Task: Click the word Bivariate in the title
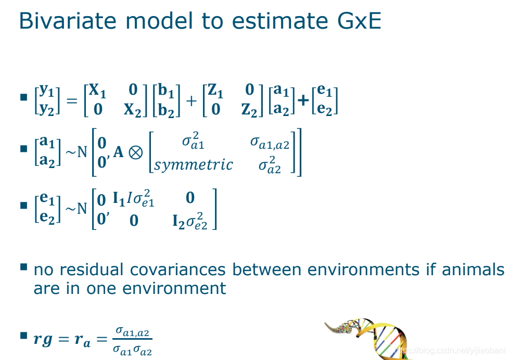click(x=68, y=21)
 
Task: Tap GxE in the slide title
click(x=359, y=21)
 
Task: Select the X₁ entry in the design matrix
click(x=98, y=90)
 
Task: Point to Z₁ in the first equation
click(x=215, y=90)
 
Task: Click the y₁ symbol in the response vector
click(x=46, y=91)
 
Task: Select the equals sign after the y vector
click(x=72, y=101)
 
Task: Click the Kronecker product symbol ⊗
click(x=136, y=152)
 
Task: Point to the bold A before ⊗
click(x=119, y=152)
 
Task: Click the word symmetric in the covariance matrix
click(x=194, y=165)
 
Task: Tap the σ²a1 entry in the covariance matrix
click(x=193, y=141)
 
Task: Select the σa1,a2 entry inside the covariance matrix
click(x=270, y=143)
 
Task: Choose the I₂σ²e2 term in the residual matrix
click(x=189, y=221)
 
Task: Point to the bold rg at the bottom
click(x=43, y=340)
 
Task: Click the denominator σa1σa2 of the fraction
click(x=132, y=350)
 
